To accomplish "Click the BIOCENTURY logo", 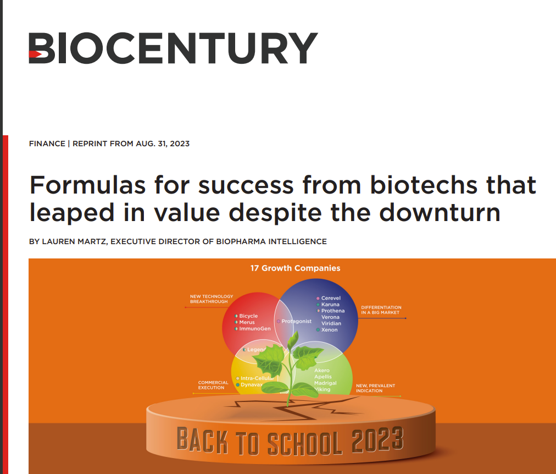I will (x=173, y=48).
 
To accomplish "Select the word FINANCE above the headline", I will (x=46, y=144).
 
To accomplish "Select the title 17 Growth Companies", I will (x=295, y=268).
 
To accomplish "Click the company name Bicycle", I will (x=248, y=316).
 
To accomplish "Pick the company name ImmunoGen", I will (x=254, y=329).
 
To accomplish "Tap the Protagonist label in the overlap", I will (x=296, y=321).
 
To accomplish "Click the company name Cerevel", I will (x=331, y=298).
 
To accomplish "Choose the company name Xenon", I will (x=329, y=330).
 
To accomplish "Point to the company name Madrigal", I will (x=325, y=383).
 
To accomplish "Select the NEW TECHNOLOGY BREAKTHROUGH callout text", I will (x=212, y=299).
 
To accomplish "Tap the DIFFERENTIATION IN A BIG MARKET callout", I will (x=381, y=310).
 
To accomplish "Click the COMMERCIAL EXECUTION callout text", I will (x=213, y=385).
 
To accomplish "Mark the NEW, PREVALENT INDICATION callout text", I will (x=375, y=388).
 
